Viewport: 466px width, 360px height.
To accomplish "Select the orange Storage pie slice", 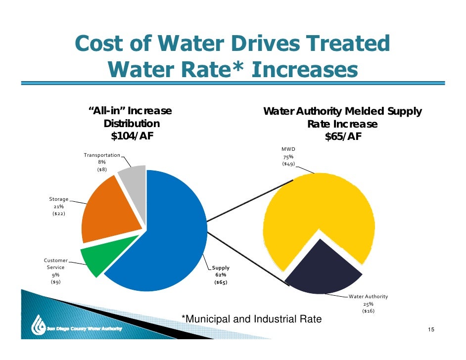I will click(106, 208).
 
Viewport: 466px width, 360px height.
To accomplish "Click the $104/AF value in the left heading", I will click(131, 136).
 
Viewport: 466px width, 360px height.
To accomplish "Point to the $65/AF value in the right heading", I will click(343, 137).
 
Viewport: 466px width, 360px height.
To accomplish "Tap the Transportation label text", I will click(101, 155).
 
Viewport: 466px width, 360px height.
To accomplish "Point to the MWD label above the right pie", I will click(288, 148).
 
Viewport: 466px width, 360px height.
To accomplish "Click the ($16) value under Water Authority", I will click(369, 311).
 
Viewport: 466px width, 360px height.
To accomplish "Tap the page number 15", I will click(431, 330).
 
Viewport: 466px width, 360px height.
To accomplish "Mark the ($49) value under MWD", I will click(288, 163).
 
